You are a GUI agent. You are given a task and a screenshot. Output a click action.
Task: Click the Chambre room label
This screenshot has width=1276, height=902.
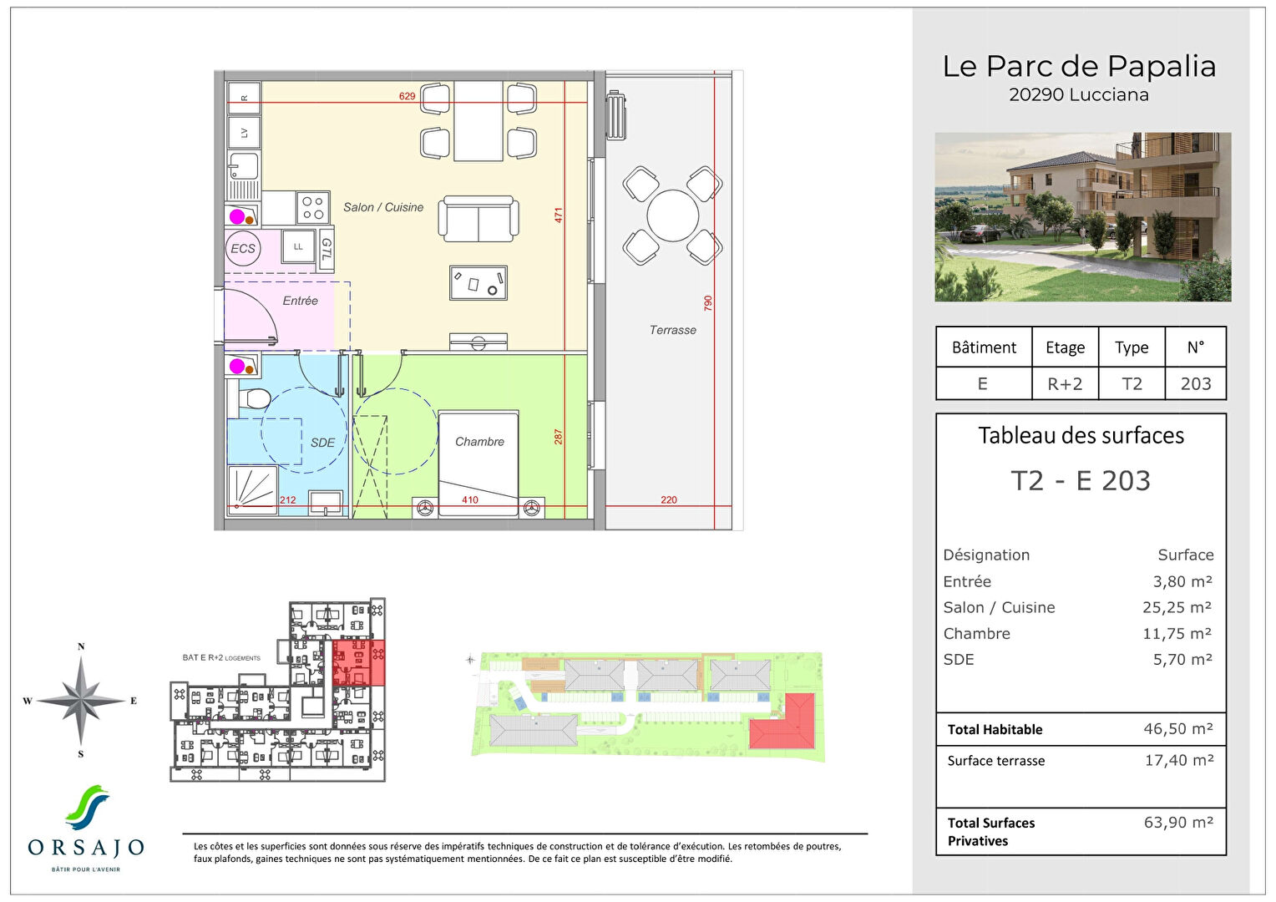[x=479, y=442]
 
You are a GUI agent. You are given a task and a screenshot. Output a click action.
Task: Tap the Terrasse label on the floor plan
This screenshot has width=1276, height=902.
[x=672, y=330]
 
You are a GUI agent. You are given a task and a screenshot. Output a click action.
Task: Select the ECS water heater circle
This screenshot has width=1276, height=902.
[x=243, y=249]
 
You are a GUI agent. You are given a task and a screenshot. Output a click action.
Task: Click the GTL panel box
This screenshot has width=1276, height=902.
[x=326, y=250]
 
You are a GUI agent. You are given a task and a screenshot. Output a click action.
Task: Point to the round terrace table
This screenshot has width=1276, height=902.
[x=672, y=215]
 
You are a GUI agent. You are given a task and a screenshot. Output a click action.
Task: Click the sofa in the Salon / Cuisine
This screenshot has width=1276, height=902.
[x=479, y=219]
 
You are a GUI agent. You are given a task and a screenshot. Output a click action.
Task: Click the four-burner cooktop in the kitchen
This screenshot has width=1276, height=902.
[x=312, y=208]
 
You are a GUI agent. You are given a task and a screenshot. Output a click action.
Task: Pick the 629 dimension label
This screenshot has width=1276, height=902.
[x=407, y=96]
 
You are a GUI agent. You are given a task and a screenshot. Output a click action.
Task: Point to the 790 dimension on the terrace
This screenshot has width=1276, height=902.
[x=708, y=302]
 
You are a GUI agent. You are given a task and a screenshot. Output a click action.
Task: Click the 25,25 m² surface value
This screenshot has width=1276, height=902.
[x=1177, y=607]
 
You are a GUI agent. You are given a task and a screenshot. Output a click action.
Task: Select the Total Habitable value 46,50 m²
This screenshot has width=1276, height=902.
[x=1177, y=729]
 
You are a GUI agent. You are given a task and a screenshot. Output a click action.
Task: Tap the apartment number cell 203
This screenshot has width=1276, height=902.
[x=1195, y=383]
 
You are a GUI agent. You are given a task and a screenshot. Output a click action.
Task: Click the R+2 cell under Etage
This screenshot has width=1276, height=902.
[x=1065, y=383]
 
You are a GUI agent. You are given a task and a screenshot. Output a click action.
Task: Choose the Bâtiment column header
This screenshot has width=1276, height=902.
[x=984, y=347]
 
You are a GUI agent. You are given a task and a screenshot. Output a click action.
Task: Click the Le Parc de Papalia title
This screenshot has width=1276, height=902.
[x=1079, y=66]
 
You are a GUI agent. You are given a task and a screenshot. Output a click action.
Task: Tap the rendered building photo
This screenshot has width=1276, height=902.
[x=1082, y=217]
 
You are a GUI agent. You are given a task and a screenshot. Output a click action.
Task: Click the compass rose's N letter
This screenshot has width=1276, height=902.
[x=81, y=646]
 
